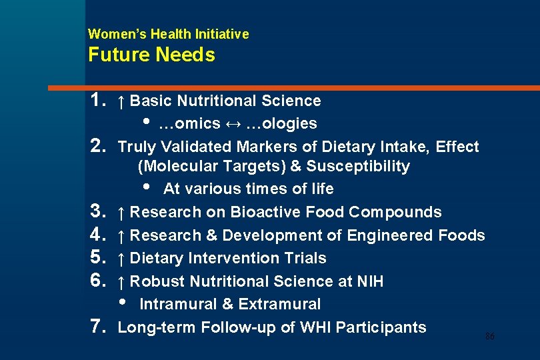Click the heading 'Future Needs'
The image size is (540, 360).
151,55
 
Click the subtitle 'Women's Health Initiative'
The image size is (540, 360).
168,33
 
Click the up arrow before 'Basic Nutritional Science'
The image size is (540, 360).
121,101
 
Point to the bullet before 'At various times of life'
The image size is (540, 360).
147,187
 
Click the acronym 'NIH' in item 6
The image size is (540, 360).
370,281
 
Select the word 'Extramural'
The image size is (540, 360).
279,305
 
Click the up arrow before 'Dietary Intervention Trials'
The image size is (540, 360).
121,259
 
